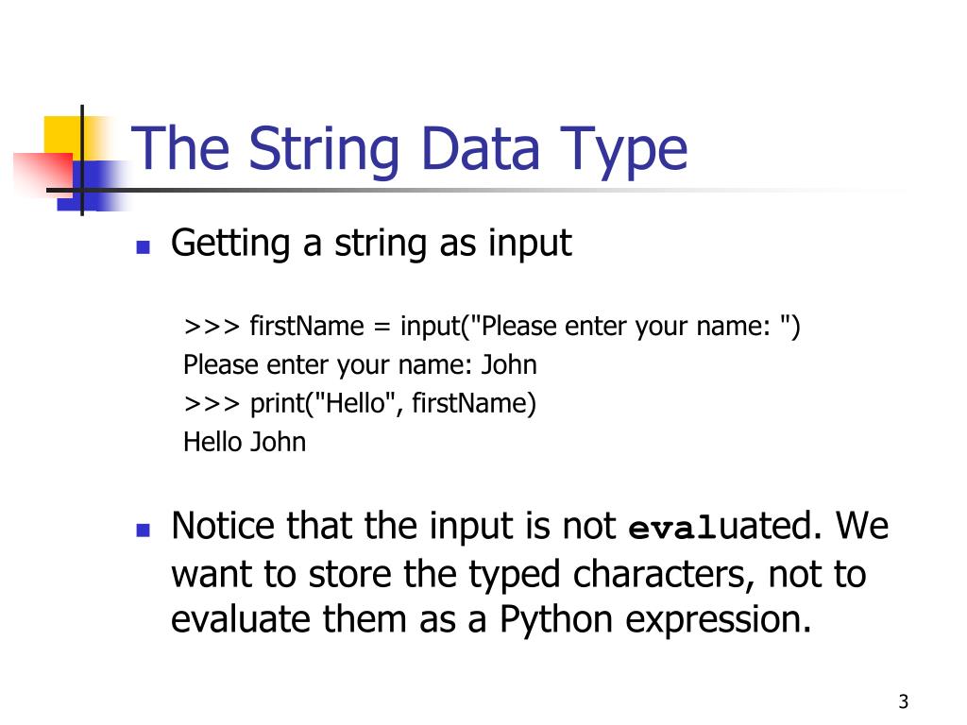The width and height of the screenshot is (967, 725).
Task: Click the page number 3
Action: (903, 701)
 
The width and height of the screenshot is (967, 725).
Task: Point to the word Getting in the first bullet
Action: (230, 244)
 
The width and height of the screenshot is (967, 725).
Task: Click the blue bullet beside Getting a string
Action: (143, 248)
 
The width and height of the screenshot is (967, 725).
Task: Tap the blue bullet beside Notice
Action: (143, 531)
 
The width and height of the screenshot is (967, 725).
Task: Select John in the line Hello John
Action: (278, 442)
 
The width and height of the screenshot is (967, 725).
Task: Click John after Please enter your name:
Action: (509, 365)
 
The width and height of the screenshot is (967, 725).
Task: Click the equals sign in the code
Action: (381, 329)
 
